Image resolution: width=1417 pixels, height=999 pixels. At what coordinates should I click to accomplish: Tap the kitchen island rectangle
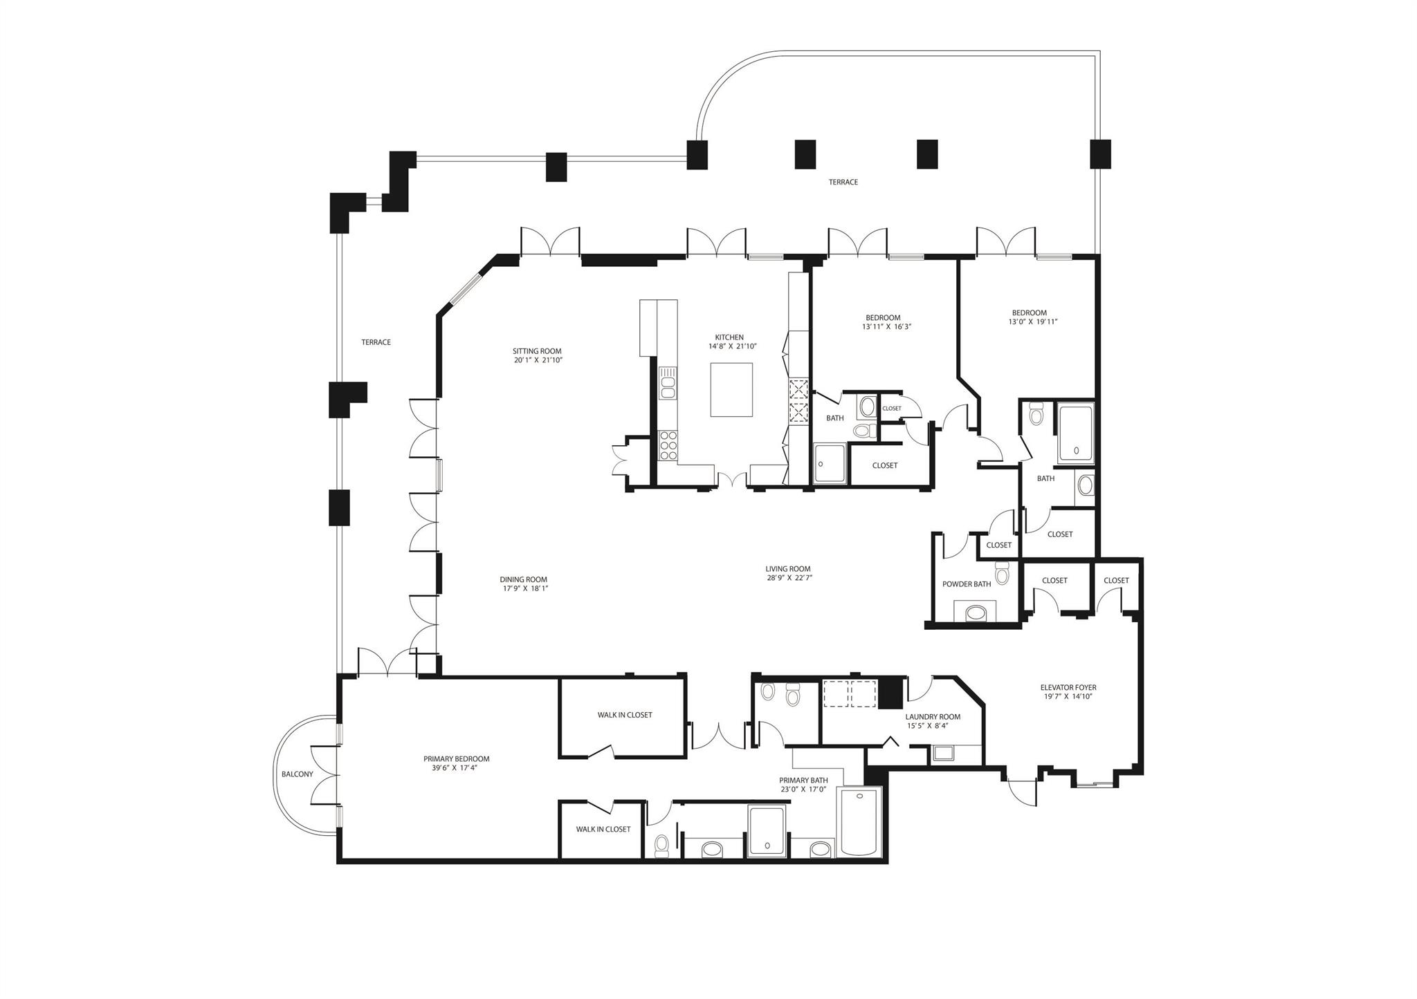pyautogui.click(x=731, y=390)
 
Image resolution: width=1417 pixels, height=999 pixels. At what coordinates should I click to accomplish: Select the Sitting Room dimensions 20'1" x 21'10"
pyautogui.click(x=538, y=360)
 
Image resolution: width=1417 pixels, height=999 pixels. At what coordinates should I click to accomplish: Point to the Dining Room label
pyautogui.click(x=524, y=580)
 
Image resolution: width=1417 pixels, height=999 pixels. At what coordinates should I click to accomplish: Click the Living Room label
pyautogui.click(x=788, y=569)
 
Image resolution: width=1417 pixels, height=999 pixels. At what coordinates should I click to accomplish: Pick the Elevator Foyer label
pyautogui.click(x=1068, y=688)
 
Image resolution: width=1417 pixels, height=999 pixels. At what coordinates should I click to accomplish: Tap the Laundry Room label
pyautogui.click(x=933, y=717)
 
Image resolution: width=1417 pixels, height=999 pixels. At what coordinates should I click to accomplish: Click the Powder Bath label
pyautogui.click(x=967, y=584)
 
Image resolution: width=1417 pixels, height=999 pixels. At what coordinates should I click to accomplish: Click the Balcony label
pyautogui.click(x=297, y=774)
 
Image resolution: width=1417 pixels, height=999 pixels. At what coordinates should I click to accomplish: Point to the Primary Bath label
pyautogui.click(x=803, y=781)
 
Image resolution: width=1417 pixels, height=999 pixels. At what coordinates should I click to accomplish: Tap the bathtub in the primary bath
pyautogui.click(x=859, y=823)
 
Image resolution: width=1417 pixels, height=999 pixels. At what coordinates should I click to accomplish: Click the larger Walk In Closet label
pyautogui.click(x=625, y=715)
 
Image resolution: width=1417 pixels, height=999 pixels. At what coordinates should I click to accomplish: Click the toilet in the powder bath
pyautogui.click(x=1002, y=573)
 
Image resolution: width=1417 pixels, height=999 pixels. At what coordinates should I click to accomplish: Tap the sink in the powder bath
pyautogui.click(x=976, y=613)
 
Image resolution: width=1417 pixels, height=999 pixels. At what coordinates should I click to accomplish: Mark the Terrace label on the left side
pyautogui.click(x=376, y=342)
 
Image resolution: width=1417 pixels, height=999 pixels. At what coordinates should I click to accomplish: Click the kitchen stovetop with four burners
pyautogui.click(x=668, y=446)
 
